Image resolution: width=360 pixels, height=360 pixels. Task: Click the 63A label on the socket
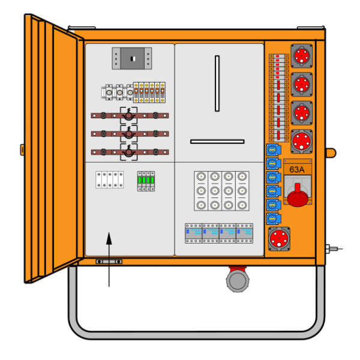pos(296,169)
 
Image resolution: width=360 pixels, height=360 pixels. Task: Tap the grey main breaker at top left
pos(132,59)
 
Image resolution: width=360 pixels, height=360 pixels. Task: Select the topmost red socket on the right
pos(301,56)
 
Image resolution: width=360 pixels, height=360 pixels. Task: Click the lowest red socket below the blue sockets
pos(279,239)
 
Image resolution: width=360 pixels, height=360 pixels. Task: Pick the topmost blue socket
pos(273,150)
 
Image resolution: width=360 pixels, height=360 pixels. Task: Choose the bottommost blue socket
pos(273,219)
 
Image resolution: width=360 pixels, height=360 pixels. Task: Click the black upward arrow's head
pos(109,238)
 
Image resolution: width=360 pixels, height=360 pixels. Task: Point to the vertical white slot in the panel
pos(217,83)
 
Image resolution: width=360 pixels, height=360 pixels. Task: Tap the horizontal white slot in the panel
pos(217,142)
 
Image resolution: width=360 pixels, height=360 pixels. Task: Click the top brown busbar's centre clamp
pos(128,115)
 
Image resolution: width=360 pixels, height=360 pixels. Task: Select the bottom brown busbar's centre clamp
pos(128,152)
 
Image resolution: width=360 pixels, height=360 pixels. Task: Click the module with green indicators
pos(146,181)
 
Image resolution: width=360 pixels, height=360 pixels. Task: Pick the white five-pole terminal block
pos(110,179)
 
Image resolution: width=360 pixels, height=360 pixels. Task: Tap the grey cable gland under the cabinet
pos(238,281)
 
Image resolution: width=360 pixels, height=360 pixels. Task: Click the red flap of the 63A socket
pos(298,196)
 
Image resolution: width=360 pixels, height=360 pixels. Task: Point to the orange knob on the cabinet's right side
pos(331,153)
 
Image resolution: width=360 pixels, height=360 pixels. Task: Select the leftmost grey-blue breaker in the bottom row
pos(193,233)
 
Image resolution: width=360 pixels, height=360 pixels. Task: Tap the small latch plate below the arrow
pos(109,262)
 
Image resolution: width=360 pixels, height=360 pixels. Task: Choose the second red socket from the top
pos(301,84)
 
